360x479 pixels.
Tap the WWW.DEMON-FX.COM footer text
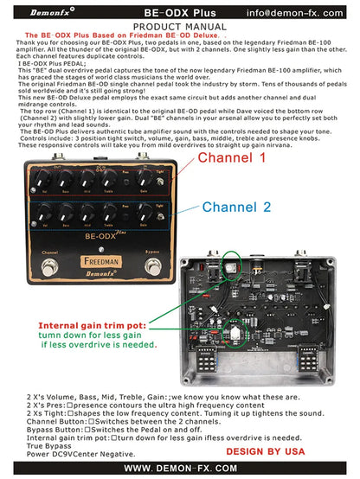[179, 468]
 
